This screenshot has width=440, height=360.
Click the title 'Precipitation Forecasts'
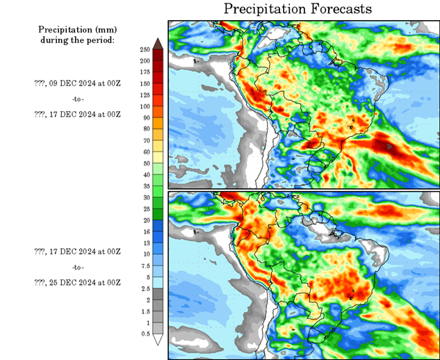coord(298,9)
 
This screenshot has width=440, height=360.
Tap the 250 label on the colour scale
coord(145,50)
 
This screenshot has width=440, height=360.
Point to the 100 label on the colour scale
coord(145,106)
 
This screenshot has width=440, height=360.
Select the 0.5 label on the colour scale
coord(145,334)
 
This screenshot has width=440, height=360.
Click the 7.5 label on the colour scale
coord(145,266)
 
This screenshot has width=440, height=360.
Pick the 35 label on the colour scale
coord(145,186)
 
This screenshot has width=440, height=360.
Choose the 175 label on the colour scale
coord(145,72)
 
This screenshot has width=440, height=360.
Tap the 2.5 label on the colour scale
coord(145,288)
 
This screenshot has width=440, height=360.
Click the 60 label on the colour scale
coord(145,152)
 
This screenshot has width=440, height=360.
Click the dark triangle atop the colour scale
coord(158,44)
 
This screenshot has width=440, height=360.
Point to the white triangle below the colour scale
coord(158,340)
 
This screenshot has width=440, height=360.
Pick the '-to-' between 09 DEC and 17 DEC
coord(78,99)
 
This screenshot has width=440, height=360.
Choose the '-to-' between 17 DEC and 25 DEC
coord(78,267)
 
